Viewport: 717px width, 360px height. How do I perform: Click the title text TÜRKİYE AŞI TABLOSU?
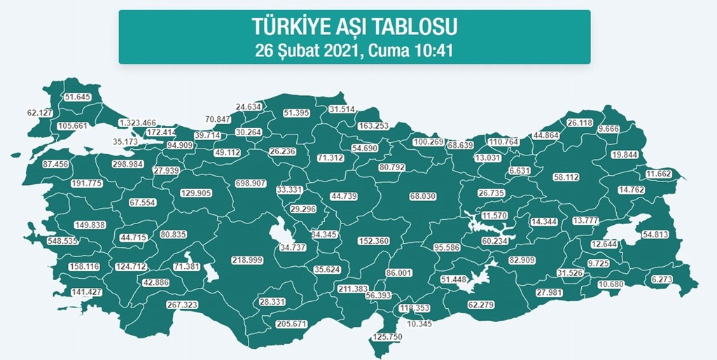[354, 27]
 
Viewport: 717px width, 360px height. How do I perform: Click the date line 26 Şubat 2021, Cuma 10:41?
[354, 49]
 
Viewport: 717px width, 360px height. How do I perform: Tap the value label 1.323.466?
[137, 123]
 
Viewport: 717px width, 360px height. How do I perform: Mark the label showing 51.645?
[78, 97]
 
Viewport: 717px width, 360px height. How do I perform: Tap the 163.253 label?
[373, 126]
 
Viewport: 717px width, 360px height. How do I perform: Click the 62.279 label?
[481, 304]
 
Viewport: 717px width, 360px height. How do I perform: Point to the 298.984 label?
[127, 164]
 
